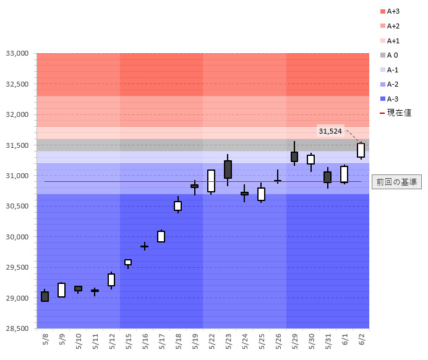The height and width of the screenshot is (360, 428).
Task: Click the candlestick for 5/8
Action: [45, 296]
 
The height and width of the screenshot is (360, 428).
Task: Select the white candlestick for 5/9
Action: [62, 290]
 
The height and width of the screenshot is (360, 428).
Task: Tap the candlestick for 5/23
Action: [228, 169]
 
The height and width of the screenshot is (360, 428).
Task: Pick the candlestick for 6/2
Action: [361, 150]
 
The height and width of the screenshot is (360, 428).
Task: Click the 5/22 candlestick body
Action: [211, 181]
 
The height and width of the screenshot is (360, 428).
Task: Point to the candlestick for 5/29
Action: [294, 156]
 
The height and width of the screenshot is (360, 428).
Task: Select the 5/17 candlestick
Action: [161, 236]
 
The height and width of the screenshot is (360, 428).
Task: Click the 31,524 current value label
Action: [330, 131]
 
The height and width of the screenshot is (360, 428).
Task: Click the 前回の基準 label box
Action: [396, 182]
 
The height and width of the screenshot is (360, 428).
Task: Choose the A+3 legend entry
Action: [393, 11]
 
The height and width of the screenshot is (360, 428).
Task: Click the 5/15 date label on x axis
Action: [129, 340]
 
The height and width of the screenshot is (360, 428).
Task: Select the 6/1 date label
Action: [345, 340]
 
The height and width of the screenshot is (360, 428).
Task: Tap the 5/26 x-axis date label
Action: [278, 340]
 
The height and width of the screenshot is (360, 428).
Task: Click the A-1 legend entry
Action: [393, 70]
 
